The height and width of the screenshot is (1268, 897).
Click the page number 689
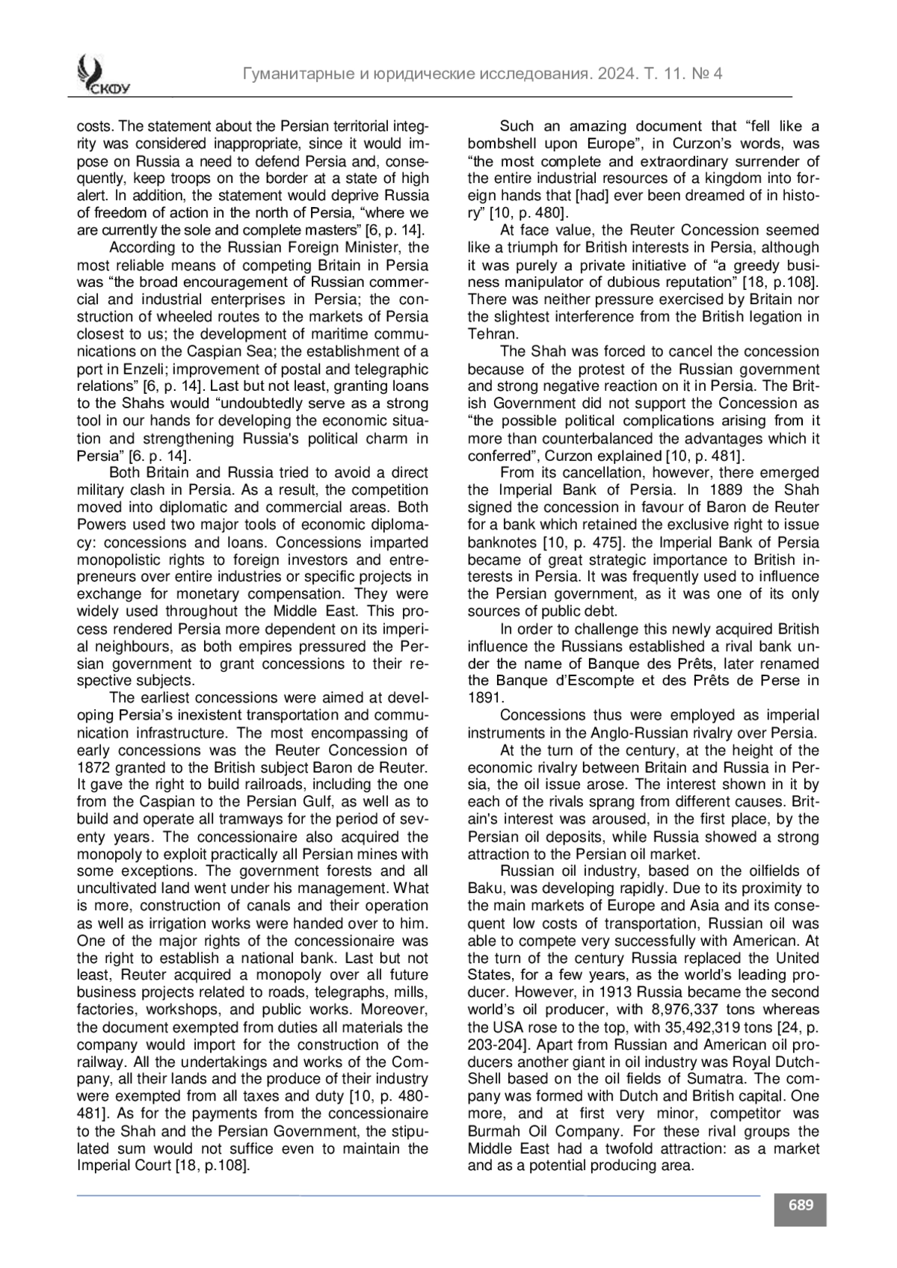click(801, 1205)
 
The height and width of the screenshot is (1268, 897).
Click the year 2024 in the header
click(611, 74)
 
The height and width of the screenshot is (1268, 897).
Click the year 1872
click(93, 767)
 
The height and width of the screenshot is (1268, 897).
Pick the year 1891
click(484, 698)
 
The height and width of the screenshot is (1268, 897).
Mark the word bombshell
click(507, 143)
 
